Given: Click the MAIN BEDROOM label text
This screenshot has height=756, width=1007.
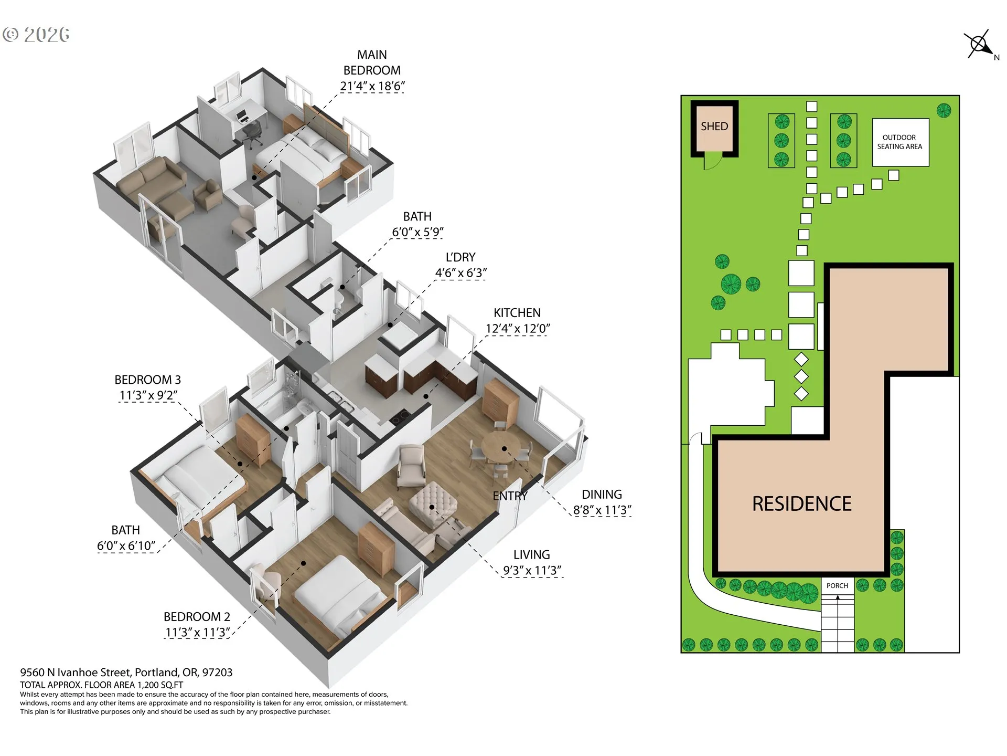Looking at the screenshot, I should [372, 62].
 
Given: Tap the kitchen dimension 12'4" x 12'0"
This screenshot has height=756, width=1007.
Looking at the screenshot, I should [517, 329].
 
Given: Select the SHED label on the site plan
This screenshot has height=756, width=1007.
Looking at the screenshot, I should [714, 127].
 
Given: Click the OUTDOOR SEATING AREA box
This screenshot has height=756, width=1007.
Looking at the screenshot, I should [900, 142].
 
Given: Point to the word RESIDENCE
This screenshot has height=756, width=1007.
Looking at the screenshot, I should [801, 504].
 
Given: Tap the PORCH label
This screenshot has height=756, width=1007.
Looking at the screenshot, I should [837, 585].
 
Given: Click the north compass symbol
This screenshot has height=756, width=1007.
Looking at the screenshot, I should [979, 45].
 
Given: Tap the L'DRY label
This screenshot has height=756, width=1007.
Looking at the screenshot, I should [460, 257].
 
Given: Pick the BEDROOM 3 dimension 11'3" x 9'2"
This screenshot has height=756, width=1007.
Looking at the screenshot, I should [148, 395].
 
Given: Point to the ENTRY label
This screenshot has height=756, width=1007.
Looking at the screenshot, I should [510, 496].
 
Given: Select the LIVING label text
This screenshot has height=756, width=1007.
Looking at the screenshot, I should [531, 555].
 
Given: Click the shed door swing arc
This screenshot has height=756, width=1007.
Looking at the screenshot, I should [713, 162].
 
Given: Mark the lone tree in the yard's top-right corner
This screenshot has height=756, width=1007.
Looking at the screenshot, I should [944, 110].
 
